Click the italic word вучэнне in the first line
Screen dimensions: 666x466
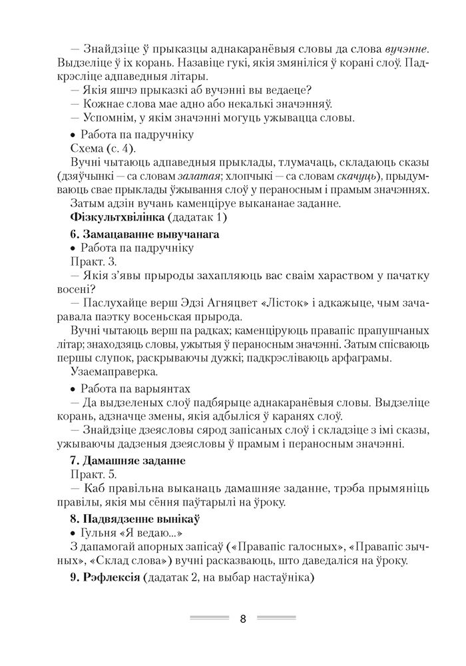click(407, 49)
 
